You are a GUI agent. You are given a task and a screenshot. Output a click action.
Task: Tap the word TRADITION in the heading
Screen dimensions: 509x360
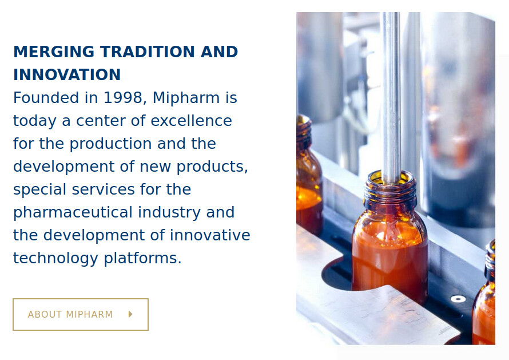[x=148, y=52]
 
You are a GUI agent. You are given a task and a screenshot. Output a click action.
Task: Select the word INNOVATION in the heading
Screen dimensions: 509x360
[x=67, y=74]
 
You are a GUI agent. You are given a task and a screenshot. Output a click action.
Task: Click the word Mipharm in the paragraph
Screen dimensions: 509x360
[x=186, y=98]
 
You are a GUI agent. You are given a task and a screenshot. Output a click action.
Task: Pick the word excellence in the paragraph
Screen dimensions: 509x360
[x=191, y=121]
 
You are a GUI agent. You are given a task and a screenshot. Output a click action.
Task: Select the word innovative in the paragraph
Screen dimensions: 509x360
[x=210, y=235]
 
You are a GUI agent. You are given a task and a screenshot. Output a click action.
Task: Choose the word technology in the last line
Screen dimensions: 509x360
[x=55, y=259]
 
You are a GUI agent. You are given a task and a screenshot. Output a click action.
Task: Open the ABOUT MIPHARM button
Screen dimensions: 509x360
[x=81, y=315]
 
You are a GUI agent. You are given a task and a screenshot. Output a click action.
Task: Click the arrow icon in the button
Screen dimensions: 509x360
[x=130, y=314]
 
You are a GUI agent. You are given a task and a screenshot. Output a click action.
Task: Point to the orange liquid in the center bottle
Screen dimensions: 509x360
[x=390, y=260]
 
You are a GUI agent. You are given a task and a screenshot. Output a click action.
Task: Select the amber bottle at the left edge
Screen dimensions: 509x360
[x=309, y=176]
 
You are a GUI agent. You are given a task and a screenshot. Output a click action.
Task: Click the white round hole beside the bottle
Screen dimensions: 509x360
[x=458, y=299]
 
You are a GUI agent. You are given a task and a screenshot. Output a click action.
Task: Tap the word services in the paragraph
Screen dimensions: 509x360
[x=103, y=189]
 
